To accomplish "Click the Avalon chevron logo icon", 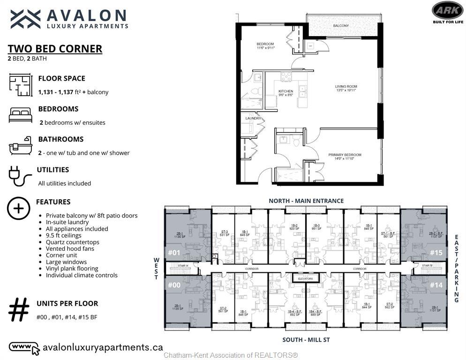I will click(x=26, y=19).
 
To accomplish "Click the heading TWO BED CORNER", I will click(x=55, y=49).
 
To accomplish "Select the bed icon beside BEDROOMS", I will click(x=21, y=114).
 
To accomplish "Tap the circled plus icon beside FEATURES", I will click(x=19, y=208).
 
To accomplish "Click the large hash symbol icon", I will click(x=19, y=310).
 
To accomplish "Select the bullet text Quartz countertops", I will click(x=72, y=242).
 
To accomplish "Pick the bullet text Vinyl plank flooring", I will click(x=72, y=269).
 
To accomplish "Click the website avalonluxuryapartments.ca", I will click(x=103, y=347).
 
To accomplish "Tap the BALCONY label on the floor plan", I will click(x=341, y=25).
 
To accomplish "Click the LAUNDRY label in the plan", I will click(x=253, y=119).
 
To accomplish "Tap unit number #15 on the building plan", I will click(x=436, y=253).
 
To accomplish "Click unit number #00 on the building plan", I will click(x=174, y=285).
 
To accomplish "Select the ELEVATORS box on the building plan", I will click(x=305, y=279).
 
